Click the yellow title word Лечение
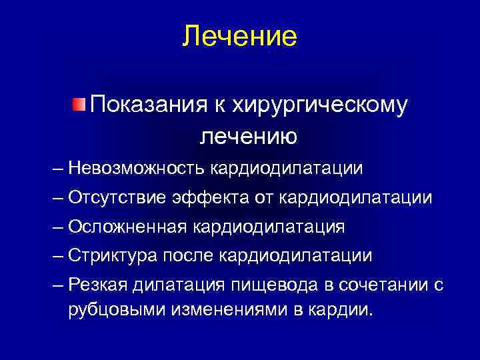(239, 36)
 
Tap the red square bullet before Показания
(79, 105)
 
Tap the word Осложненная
(137, 227)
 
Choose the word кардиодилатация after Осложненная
(278, 227)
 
